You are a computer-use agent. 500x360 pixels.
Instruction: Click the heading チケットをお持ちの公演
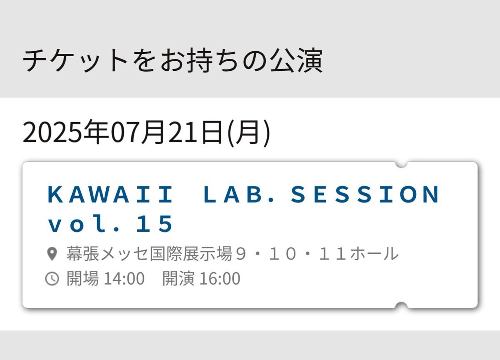(172, 60)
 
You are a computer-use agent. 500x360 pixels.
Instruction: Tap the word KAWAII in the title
(110, 194)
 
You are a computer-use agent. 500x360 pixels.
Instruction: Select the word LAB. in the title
(239, 194)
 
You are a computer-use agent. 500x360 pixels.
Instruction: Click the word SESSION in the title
(365, 194)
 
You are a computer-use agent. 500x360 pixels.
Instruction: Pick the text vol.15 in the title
(110, 223)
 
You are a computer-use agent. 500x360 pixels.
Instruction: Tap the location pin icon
(52, 254)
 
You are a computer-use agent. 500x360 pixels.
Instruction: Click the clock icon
(52, 278)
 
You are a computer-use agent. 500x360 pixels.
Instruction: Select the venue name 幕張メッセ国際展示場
(149, 253)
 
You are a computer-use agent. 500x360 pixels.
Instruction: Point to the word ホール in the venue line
(374, 254)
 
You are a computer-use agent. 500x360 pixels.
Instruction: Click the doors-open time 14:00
(124, 278)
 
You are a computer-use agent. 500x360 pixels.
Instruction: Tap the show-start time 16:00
(220, 278)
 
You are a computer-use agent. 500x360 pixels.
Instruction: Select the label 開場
(82, 278)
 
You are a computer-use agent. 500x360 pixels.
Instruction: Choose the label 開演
(178, 278)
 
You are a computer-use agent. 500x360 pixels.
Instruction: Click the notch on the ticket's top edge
(401, 165)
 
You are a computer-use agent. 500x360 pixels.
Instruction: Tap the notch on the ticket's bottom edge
(401, 305)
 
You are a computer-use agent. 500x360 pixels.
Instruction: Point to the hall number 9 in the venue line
(241, 254)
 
